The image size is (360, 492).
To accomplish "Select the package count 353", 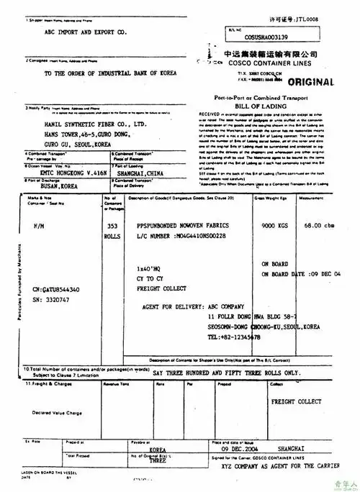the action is (x=112, y=226).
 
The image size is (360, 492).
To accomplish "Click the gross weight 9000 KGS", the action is (x=276, y=226).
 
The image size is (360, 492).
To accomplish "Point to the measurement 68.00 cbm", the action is (x=320, y=226).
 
